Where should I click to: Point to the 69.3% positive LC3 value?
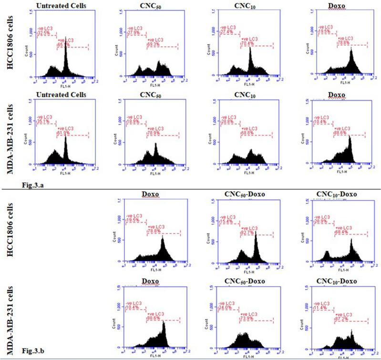(x=153, y=43)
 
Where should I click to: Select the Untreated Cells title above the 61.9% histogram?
(x=61, y=94)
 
